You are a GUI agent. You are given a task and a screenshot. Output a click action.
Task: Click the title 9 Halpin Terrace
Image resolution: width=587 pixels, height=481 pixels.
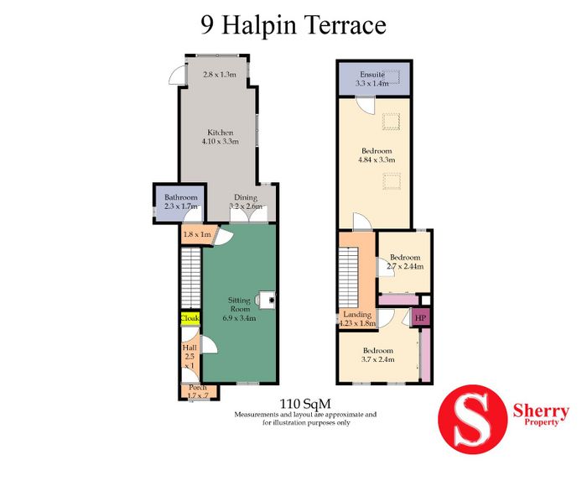(293, 25)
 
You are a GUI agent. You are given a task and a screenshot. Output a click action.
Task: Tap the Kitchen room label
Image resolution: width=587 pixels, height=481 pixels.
(221, 133)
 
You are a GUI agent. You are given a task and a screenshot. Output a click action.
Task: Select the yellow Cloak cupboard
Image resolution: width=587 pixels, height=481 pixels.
(190, 318)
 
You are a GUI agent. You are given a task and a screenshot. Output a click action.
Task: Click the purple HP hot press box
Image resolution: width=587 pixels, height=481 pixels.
(421, 318)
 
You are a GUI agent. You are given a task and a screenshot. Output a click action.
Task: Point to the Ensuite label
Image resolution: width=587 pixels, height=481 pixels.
(372, 75)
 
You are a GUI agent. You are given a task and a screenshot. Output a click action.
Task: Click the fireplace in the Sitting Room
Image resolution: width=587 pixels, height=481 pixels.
(266, 300)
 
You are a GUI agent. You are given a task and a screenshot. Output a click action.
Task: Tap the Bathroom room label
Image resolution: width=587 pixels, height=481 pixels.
(181, 197)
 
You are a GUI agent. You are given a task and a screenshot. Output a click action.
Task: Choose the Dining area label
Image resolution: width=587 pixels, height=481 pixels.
(246, 197)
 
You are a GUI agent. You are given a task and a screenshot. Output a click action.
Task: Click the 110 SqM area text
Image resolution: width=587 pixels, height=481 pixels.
(305, 404)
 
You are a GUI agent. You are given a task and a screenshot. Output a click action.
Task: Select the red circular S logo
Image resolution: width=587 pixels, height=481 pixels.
(472, 419)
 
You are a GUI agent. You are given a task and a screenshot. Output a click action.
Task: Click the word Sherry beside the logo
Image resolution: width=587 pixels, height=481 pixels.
(541, 411)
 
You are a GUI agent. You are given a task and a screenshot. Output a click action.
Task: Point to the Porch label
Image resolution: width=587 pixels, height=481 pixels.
(198, 387)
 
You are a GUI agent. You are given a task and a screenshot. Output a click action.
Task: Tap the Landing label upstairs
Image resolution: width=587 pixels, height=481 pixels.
(357, 315)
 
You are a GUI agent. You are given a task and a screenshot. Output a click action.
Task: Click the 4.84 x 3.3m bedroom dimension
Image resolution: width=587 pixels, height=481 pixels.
(377, 160)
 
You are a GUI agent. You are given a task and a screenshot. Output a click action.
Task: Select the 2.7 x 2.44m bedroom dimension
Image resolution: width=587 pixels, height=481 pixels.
(405, 266)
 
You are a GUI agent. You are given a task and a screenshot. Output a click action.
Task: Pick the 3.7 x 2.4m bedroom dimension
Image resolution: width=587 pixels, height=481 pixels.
(378, 359)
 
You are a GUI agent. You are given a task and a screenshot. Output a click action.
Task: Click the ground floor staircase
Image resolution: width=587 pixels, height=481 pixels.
(191, 279)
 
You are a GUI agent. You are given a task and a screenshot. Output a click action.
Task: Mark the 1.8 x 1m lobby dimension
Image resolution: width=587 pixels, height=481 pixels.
(196, 234)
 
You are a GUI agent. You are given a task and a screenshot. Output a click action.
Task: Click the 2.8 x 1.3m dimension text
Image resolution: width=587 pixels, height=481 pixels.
(220, 74)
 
